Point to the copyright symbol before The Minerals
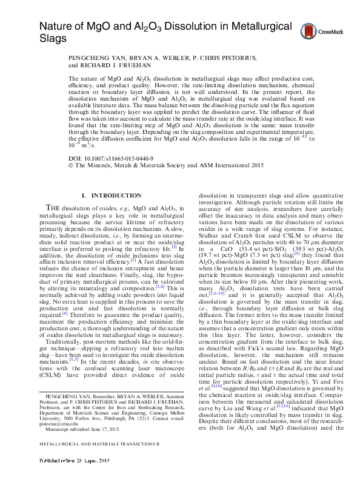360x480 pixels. coord(71,164)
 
